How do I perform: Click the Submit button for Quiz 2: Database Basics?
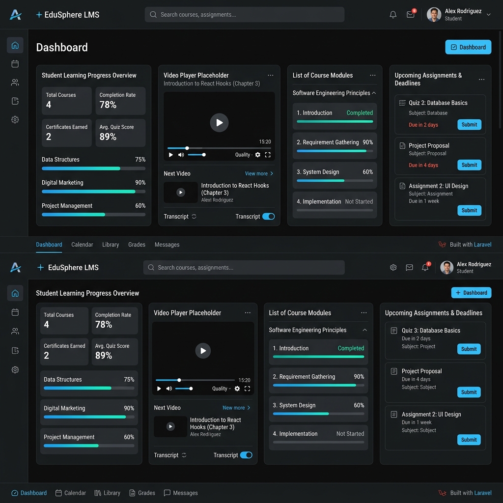[x=469, y=125]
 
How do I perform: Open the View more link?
[x=259, y=173]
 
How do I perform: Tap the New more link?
[x=236, y=408]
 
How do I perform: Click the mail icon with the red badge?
[x=411, y=14]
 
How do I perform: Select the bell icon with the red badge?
[x=425, y=267]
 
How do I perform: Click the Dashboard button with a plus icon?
[x=471, y=293]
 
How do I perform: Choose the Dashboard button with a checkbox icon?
[x=468, y=47]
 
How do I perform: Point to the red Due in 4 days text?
[x=423, y=165]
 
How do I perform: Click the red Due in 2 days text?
[x=423, y=125]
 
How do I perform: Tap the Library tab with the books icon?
[x=107, y=493]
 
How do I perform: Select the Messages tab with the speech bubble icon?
[x=181, y=493]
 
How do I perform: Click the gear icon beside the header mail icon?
[x=393, y=267]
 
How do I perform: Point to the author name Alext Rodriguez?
[x=217, y=200]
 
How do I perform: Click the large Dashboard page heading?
[x=62, y=47]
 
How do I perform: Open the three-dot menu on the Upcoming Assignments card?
[x=481, y=80]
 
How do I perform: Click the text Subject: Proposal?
[x=427, y=153]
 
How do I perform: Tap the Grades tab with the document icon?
[x=142, y=493]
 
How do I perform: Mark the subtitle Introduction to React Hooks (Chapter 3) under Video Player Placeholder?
[x=212, y=84]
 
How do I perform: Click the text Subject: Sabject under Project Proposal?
[x=419, y=387]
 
